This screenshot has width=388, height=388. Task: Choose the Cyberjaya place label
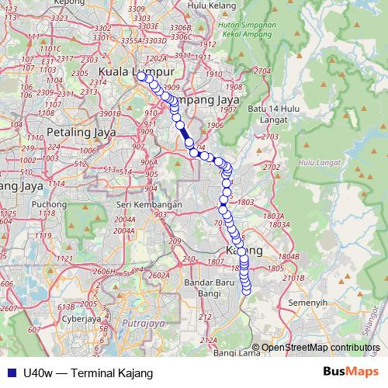81,317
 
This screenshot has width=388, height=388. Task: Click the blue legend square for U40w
11,372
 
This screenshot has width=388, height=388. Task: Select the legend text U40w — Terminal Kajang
88,372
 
